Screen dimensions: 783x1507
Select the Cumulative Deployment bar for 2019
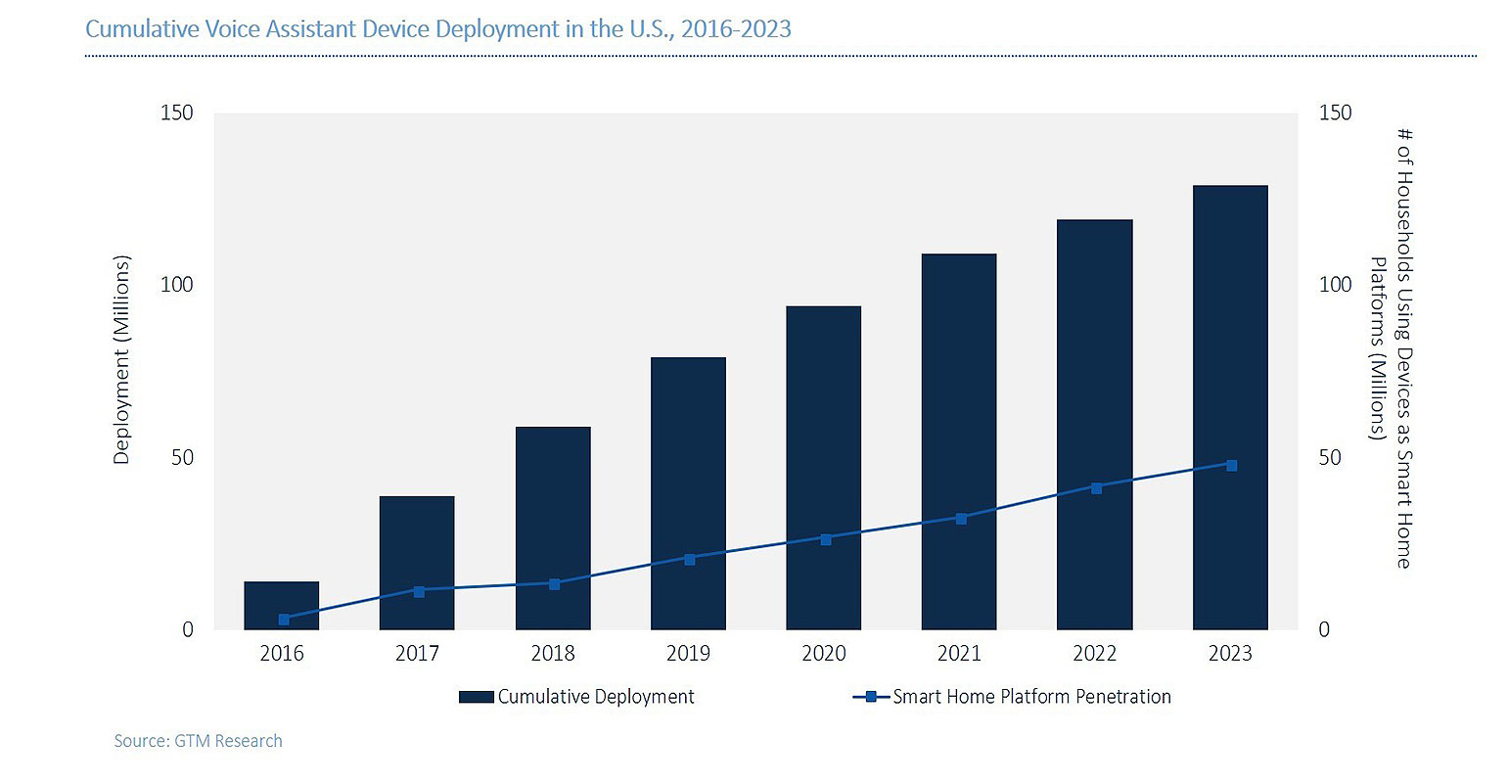[x=688, y=493]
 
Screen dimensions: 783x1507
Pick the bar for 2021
[x=959, y=441]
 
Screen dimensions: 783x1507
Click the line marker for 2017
[x=419, y=591]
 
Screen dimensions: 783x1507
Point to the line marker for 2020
[x=825, y=539]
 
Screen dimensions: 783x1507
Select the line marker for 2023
[x=1231, y=466]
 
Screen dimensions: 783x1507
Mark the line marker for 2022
[x=1096, y=488]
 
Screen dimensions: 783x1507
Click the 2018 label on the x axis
[x=552, y=654]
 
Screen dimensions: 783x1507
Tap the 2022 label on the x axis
[x=1094, y=654]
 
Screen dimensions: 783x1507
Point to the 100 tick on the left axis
[x=177, y=285]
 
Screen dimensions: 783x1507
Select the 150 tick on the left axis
[x=177, y=114]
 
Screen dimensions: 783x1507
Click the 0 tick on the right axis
[x=1324, y=630]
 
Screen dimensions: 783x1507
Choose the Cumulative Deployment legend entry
[x=577, y=697]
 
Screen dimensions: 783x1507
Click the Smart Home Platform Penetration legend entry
[x=1013, y=697]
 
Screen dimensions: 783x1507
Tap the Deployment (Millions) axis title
[x=121, y=360]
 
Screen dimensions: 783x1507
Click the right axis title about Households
[x=1391, y=348]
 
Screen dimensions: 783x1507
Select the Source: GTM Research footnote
[x=198, y=741]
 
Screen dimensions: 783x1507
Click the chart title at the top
[x=438, y=28]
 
